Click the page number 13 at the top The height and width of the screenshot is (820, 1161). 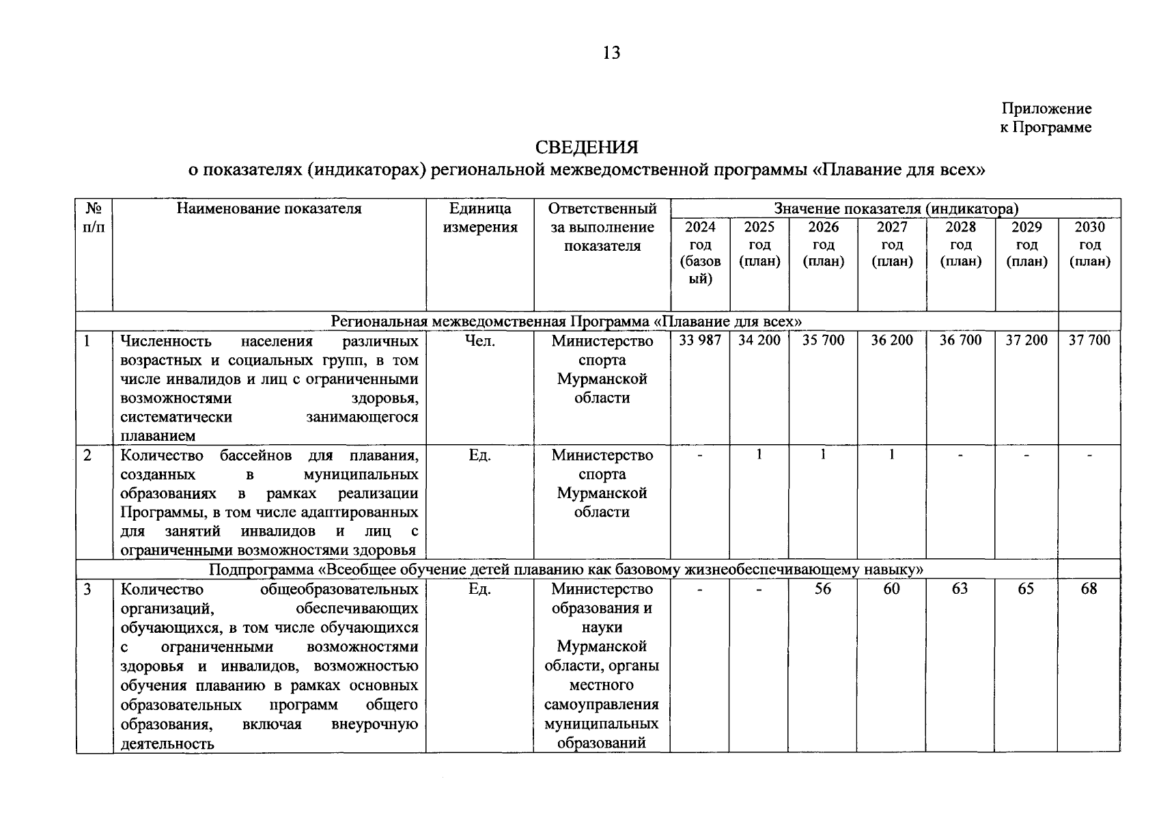(x=611, y=53)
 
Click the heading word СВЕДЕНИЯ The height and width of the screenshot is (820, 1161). (x=587, y=148)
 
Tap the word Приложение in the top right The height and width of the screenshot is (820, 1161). (x=1046, y=109)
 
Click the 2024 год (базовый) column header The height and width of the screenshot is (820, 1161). (x=700, y=253)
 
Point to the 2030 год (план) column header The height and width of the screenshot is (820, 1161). (x=1089, y=244)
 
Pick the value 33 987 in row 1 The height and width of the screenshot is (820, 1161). (x=700, y=340)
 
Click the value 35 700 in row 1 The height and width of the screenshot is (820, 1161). (x=823, y=340)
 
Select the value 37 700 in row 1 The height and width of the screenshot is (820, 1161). (x=1089, y=340)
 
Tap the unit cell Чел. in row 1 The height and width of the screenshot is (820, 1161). (x=479, y=340)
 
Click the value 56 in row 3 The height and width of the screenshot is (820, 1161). (x=823, y=588)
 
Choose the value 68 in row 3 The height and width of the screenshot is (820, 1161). (x=1089, y=588)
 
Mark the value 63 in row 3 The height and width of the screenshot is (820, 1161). (x=960, y=588)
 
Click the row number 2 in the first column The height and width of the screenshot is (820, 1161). (x=87, y=455)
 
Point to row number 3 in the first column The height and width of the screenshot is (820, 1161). (x=87, y=589)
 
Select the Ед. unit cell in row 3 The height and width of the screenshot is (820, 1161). (x=479, y=588)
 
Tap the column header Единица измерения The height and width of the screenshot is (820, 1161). (x=479, y=218)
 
